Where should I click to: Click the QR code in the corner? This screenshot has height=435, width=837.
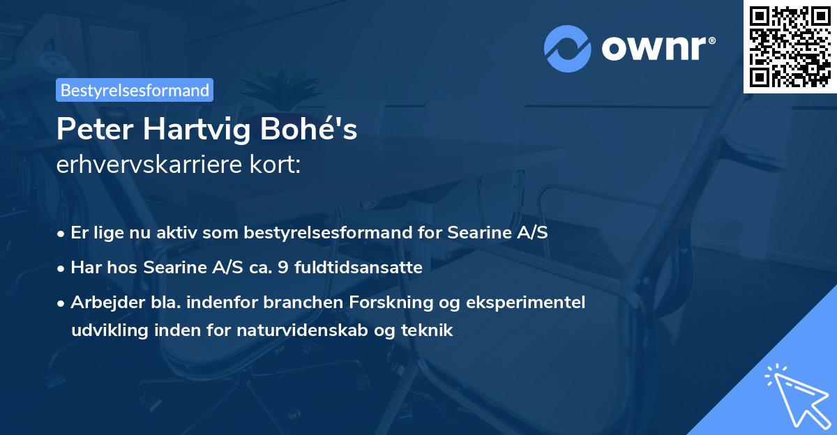[x=790, y=46]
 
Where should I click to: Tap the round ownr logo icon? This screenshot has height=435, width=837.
[x=567, y=48]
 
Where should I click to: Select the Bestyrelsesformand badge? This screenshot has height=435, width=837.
[x=135, y=90]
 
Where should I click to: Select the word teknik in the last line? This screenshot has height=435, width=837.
[x=428, y=330]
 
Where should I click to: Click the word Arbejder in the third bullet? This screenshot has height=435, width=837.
[x=103, y=303]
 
